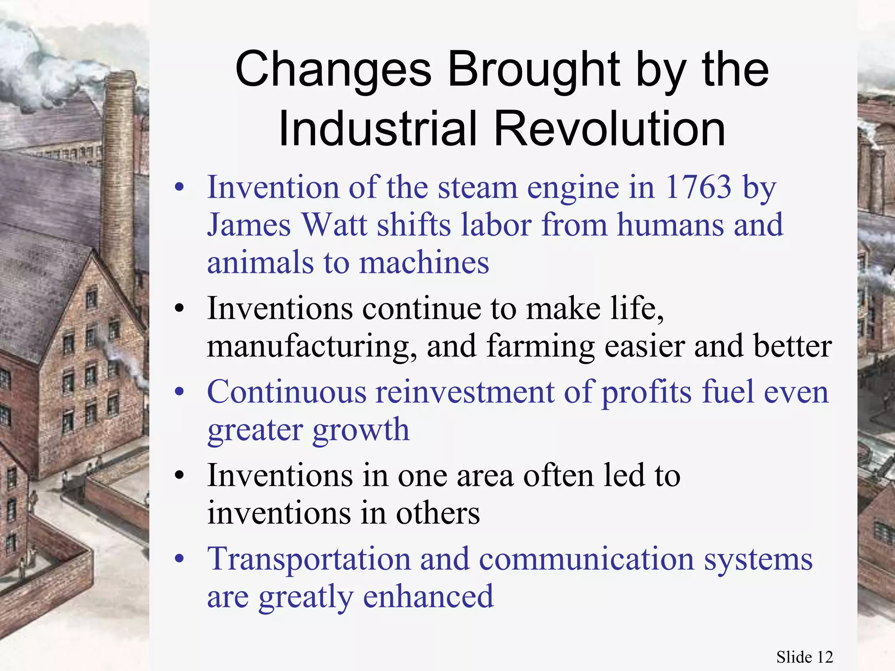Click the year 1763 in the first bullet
click(697, 187)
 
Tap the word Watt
click(334, 225)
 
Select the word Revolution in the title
click(610, 129)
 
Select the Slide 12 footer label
click(804, 657)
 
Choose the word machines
click(424, 263)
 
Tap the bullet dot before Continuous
click(179, 392)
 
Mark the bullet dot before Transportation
click(179, 559)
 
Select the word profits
click(647, 392)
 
